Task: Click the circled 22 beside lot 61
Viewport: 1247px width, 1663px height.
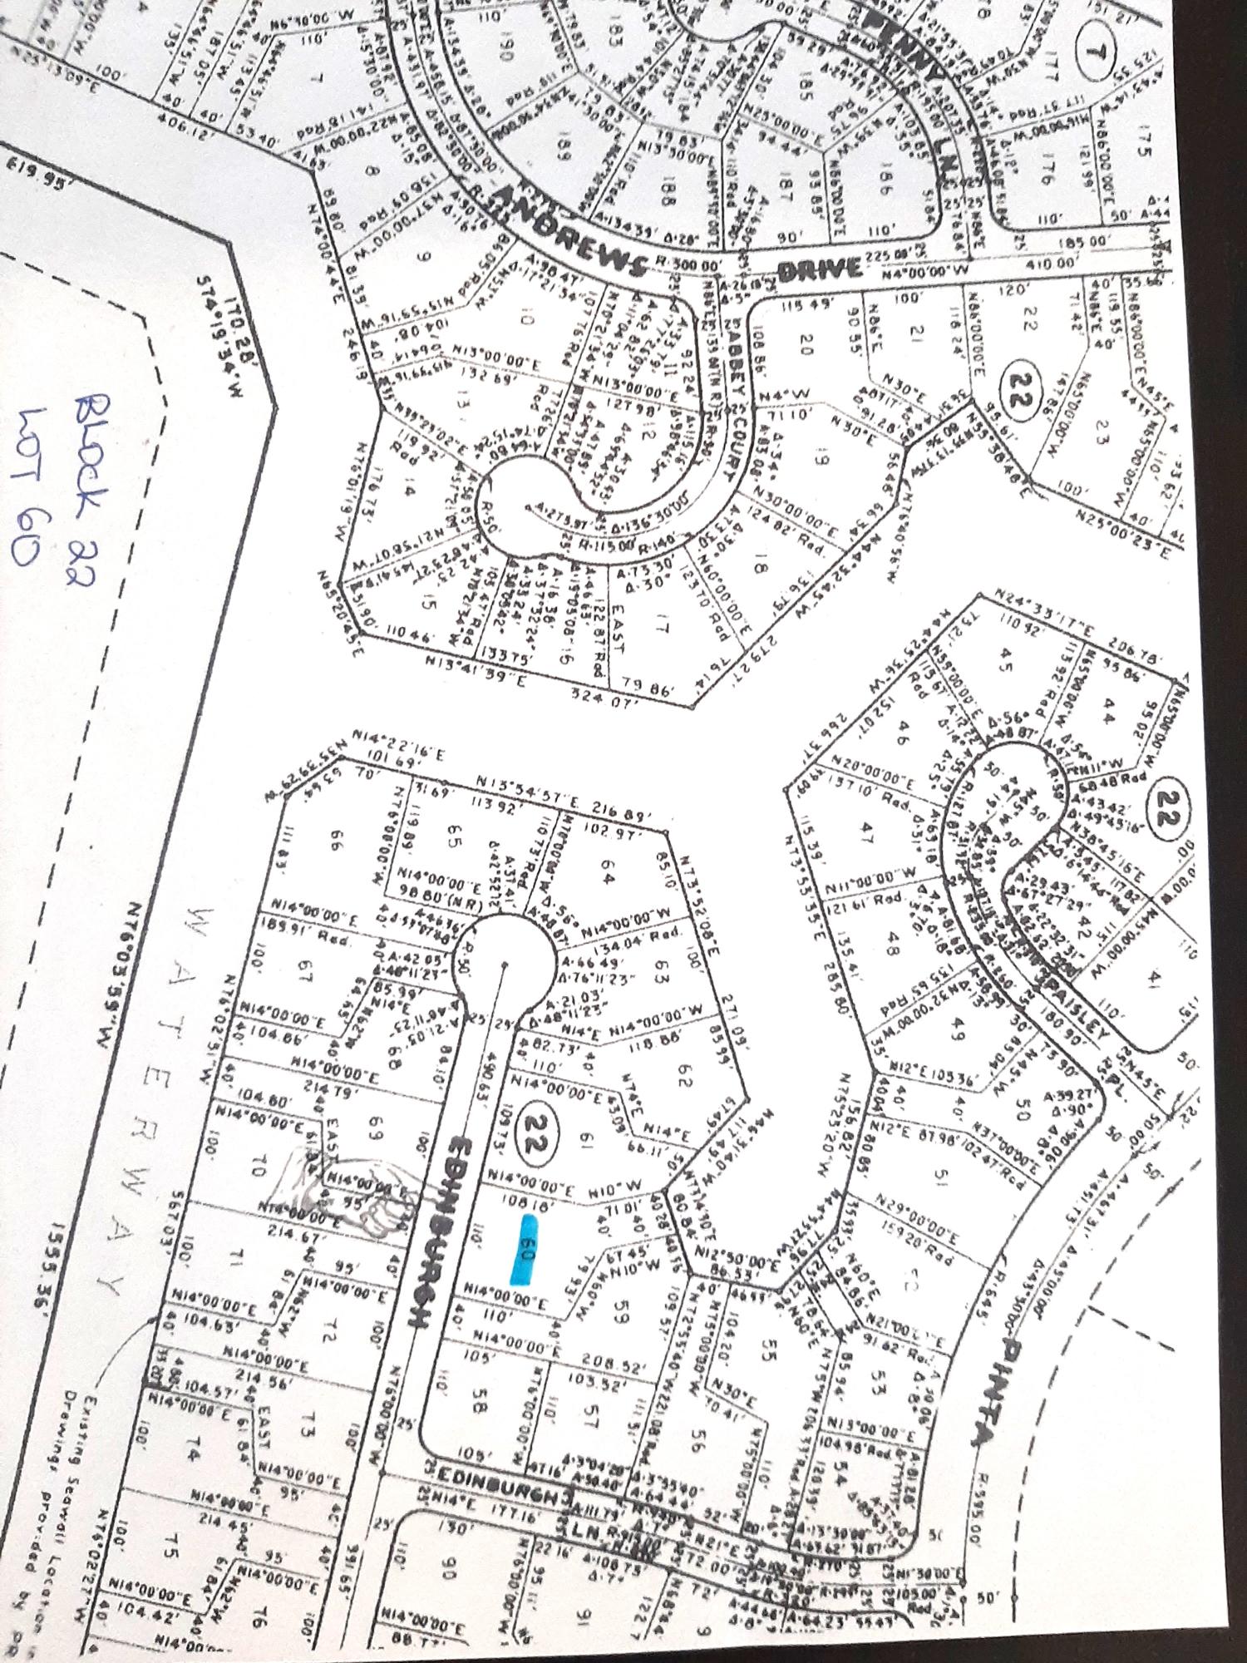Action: (x=532, y=1137)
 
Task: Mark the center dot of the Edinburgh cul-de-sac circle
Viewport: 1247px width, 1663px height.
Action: (x=505, y=965)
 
